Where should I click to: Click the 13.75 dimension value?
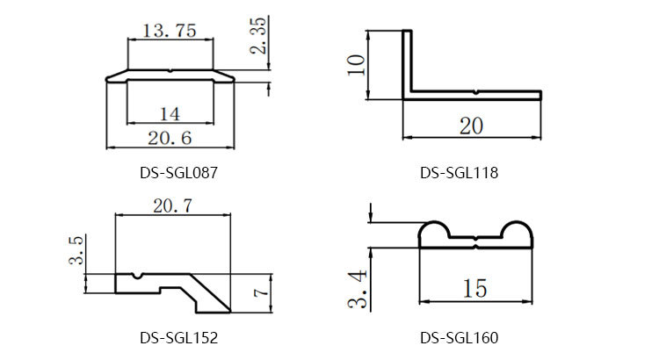click(170, 31)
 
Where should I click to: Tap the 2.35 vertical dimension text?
click(258, 36)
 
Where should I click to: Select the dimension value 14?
click(170, 114)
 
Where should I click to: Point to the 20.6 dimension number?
click(170, 138)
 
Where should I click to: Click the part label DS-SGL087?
click(178, 173)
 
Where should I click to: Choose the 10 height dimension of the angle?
click(357, 65)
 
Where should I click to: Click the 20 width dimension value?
click(471, 126)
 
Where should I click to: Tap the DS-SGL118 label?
click(459, 173)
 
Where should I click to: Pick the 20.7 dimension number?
click(172, 205)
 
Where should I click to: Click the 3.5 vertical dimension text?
click(76, 250)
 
